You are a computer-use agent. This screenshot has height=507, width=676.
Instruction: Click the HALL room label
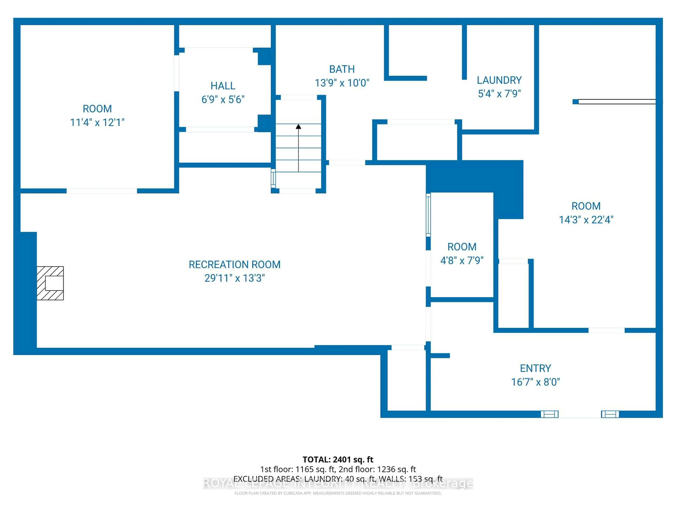[x=223, y=86]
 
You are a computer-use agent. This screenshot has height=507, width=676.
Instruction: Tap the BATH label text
[x=342, y=69]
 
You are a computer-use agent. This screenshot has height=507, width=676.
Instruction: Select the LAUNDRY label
[x=499, y=80]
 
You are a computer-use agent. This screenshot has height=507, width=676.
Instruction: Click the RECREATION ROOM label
[x=234, y=265]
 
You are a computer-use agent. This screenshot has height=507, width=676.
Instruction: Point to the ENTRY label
[x=535, y=369]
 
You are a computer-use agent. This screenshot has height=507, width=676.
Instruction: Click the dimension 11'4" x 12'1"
[x=97, y=123]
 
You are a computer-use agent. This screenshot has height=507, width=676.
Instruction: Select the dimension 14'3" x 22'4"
[x=586, y=220]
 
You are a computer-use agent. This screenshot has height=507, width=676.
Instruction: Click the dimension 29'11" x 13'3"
[x=234, y=278]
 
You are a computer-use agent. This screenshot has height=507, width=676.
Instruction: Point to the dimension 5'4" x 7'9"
[x=499, y=94]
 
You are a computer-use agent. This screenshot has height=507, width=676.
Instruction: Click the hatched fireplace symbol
[x=50, y=283]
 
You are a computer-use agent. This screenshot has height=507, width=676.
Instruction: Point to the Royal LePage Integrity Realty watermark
[x=338, y=483]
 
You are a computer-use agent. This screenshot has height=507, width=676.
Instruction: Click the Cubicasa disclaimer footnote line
[x=338, y=493]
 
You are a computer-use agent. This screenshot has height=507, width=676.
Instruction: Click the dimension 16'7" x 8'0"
[x=535, y=382]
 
